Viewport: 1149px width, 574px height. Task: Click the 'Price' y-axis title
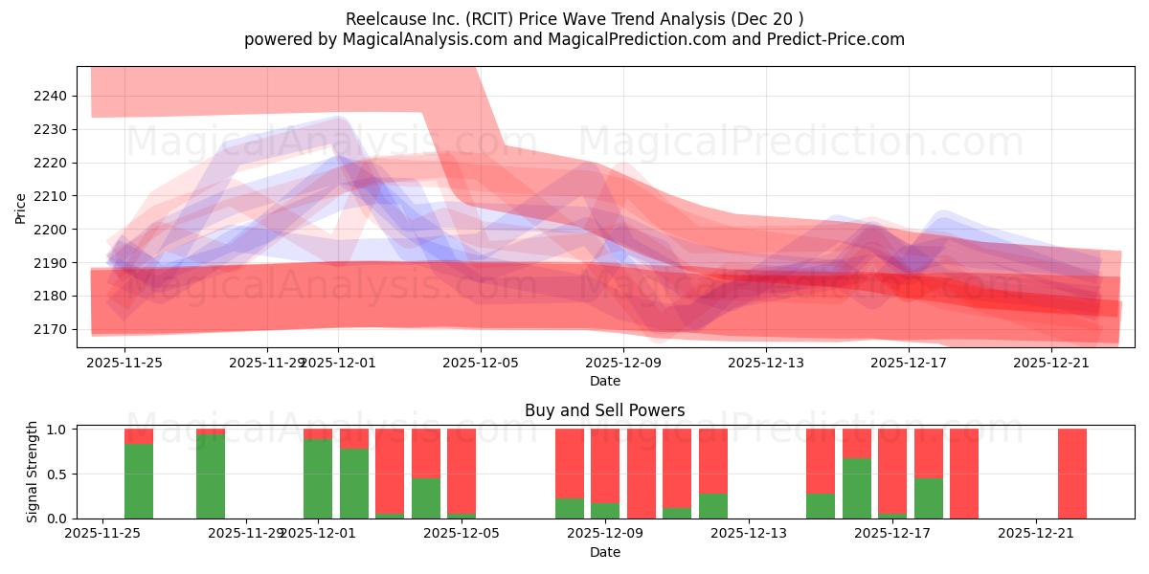click(20, 207)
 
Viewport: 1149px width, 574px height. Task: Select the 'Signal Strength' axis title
click(33, 473)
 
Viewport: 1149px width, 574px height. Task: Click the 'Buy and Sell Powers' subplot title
click(604, 410)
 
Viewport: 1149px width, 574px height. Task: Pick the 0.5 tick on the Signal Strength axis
click(56, 474)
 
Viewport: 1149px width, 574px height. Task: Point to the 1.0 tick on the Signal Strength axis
click(56, 430)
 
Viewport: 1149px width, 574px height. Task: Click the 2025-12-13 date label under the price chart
click(766, 363)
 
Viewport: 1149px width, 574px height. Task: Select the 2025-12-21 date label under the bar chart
click(1037, 533)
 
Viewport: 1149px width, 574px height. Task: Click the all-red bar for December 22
click(1072, 474)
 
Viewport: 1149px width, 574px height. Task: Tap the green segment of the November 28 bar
click(211, 476)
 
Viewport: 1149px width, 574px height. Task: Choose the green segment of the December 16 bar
click(857, 489)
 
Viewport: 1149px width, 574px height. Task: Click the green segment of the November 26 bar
click(139, 481)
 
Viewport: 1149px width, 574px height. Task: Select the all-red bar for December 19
click(964, 474)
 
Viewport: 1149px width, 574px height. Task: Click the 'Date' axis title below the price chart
click(604, 381)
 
